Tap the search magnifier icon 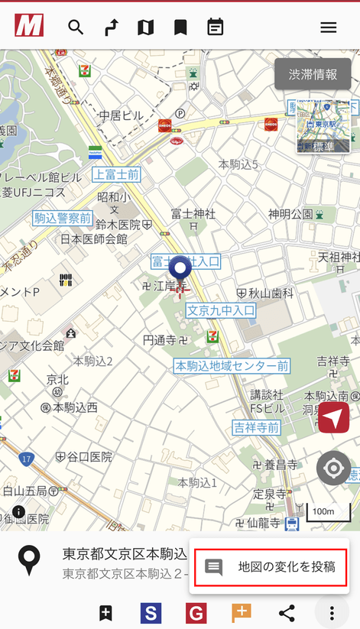[x=75, y=28]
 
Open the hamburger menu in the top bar [x=328, y=28]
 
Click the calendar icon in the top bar [x=216, y=28]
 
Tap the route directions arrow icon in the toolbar [x=111, y=28]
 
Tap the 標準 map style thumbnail [x=323, y=126]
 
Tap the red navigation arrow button [x=334, y=417]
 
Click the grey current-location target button [x=334, y=469]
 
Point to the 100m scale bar [x=328, y=511]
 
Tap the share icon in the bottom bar [x=287, y=612]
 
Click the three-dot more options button [x=332, y=612]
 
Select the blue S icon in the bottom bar [x=151, y=612]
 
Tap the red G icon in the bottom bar [x=196, y=612]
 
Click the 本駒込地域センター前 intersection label [x=232, y=365]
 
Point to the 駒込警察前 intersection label [x=63, y=219]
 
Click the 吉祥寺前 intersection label [x=257, y=426]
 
